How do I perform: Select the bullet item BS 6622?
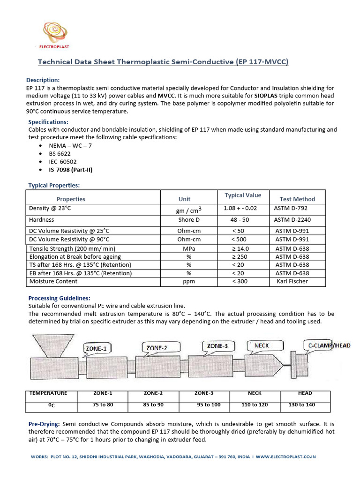[60, 153]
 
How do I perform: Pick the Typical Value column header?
[243, 195]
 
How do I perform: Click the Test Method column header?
[297, 199]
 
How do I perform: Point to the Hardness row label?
[42, 219]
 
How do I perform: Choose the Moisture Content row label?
[53, 281]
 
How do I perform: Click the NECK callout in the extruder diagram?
[261, 345]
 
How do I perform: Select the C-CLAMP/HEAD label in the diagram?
[329, 345]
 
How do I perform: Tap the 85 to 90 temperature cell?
[154, 405]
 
